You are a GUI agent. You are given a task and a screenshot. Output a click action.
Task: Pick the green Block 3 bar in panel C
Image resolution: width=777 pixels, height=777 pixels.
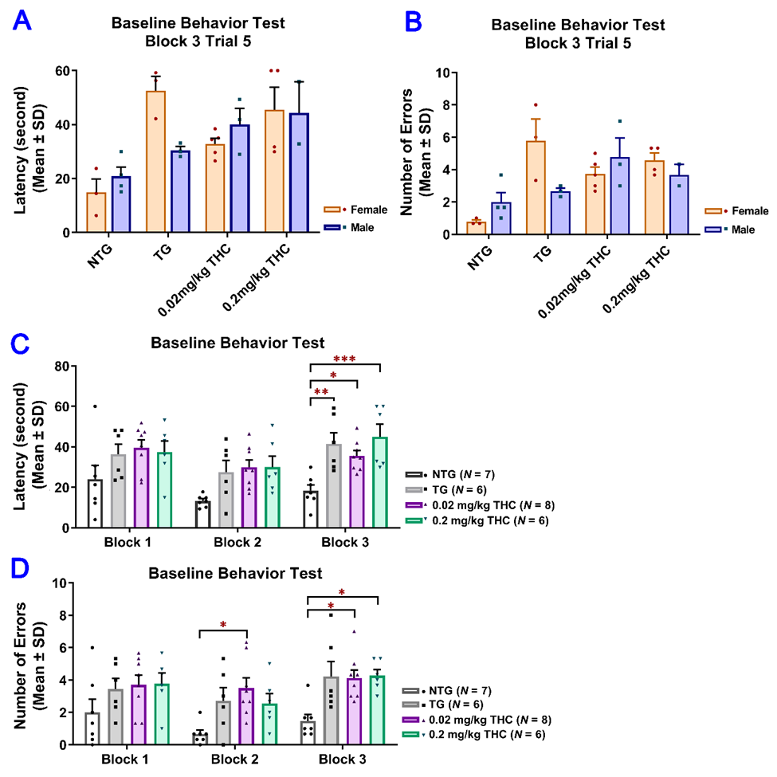click(x=381, y=482)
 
